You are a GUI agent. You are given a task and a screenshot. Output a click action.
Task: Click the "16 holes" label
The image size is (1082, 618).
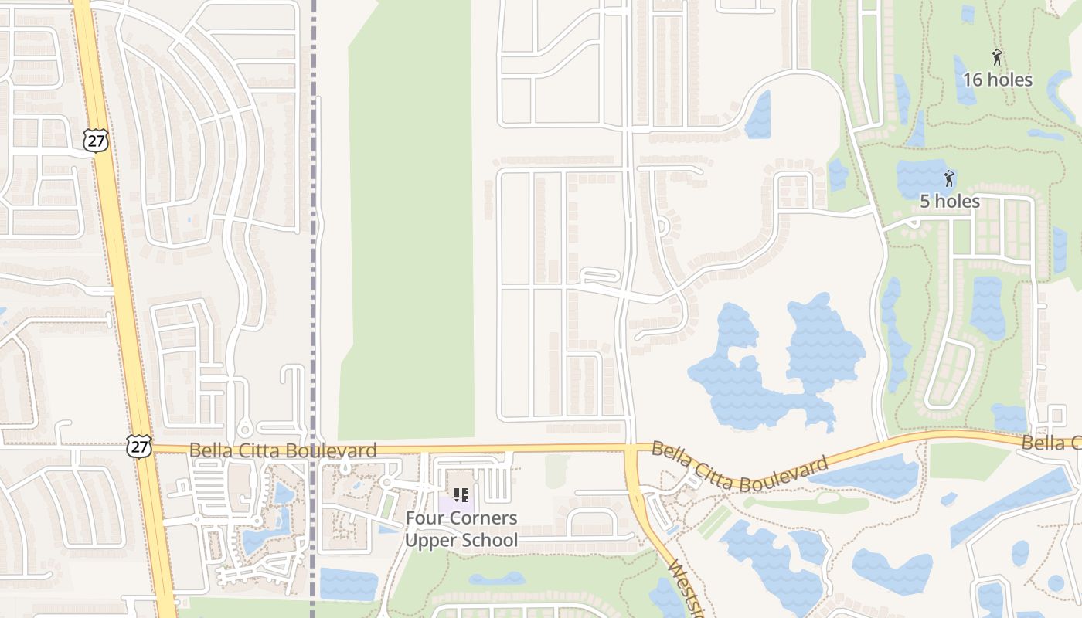click(x=997, y=80)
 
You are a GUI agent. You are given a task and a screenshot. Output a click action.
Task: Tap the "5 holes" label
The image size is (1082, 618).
click(x=949, y=202)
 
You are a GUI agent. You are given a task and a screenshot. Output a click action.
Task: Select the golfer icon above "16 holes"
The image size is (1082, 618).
click(x=997, y=57)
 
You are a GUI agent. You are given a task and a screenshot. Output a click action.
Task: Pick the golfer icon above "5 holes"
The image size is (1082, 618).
click(x=949, y=179)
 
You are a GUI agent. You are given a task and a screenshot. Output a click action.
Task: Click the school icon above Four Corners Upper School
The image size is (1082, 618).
click(x=461, y=495)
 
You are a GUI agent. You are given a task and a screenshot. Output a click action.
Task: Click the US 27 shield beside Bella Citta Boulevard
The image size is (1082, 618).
click(x=140, y=446)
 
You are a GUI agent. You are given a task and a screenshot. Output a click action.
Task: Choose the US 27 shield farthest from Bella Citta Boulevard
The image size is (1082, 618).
click(x=95, y=140)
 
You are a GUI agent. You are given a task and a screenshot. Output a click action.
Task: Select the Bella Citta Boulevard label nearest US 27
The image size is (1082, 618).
click(x=283, y=450)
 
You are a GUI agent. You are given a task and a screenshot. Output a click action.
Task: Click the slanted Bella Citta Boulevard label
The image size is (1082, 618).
click(x=739, y=467)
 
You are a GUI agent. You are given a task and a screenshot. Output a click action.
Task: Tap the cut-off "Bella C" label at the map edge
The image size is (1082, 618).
click(x=1051, y=443)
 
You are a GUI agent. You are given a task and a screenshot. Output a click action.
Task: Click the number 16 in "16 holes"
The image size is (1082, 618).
click(x=972, y=80)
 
